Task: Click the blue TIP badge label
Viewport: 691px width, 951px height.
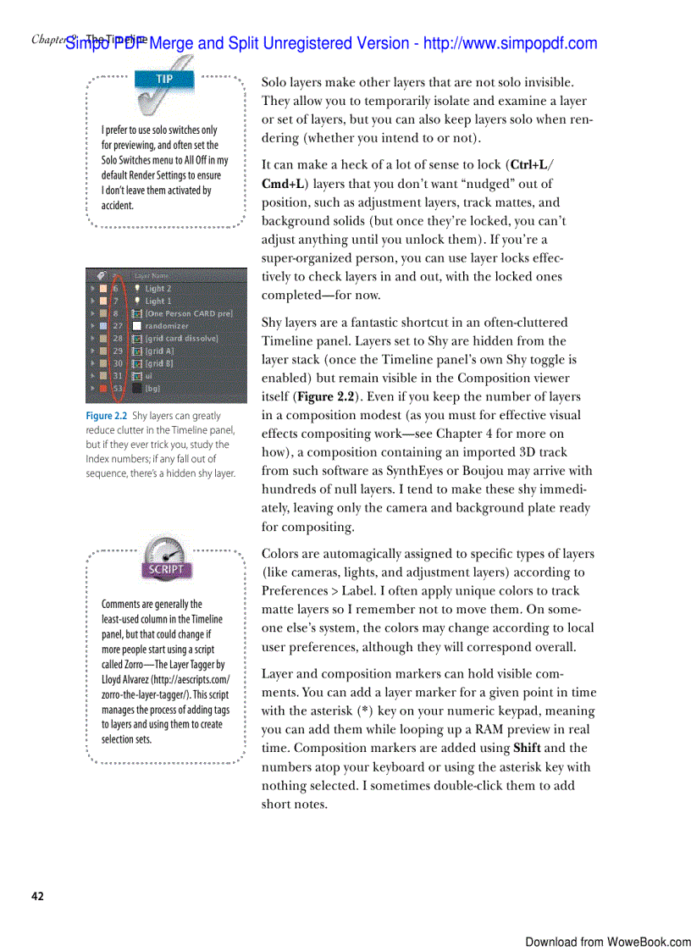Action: (164, 79)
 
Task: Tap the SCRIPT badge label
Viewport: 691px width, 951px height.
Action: (166, 569)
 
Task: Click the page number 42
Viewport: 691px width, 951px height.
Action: (37, 896)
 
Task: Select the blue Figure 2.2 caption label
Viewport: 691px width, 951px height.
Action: (106, 416)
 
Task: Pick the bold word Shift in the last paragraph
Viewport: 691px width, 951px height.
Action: (527, 748)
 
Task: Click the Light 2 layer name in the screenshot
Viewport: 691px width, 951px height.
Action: (158, 289)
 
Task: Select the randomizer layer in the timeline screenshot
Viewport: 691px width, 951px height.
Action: (167, 325)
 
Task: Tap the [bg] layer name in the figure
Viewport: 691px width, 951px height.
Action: (152, 388)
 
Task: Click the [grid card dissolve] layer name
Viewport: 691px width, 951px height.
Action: (181, 338)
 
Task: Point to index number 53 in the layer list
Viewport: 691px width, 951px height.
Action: (118, 388)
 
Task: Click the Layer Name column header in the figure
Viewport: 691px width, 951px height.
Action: (153, 276)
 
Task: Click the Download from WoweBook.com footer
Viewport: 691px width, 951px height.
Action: (607, 942)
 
